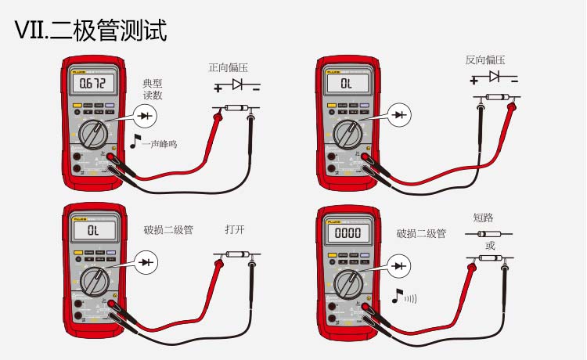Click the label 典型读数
[153, 89]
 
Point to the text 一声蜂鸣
[159, 144]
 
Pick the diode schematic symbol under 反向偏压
[495, 77]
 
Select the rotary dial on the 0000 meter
[347, 283]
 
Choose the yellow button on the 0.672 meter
[77, 106]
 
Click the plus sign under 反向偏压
[474, 80]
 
